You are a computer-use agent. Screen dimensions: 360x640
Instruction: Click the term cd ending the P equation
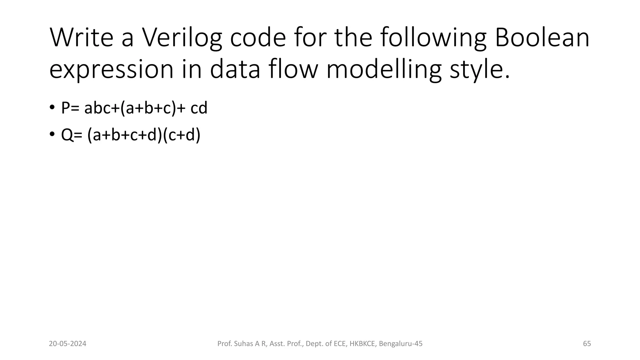tap(199, 108)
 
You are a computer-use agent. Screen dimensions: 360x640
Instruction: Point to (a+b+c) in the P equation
tap(148, 108)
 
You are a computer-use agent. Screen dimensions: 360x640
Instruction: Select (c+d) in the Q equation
tap(182, 135)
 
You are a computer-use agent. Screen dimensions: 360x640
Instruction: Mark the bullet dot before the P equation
tap(52, 107)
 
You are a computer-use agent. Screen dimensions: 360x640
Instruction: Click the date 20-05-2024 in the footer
tap(67, 344)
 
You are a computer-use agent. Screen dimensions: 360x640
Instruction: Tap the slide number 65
tap(587, 344)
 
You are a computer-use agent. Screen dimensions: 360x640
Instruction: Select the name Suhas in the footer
tap(243, 344)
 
